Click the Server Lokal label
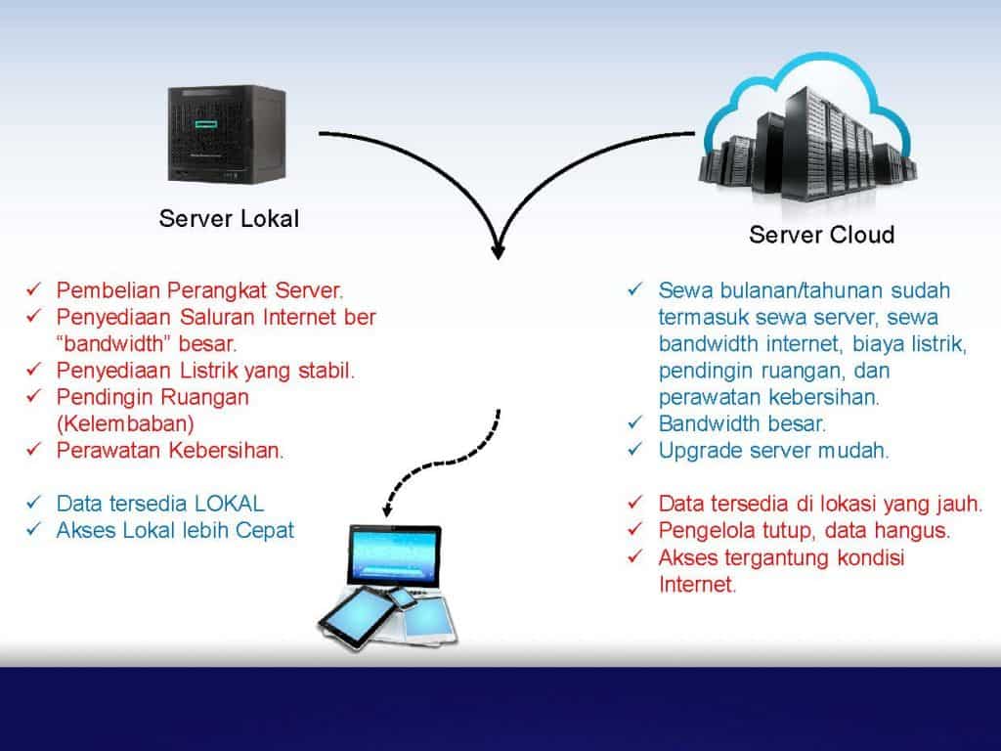coord(229,218)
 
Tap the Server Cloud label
coord(821,235)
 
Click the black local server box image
coord(227,134)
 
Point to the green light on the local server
coord(206,122)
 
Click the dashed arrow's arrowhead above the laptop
coord(387,508)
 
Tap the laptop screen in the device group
coord(394,554)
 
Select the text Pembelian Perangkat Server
coord(199,290)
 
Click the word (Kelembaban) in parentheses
coord(125,423)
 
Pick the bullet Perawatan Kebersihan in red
coord(170,450)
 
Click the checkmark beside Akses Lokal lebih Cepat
coord(34,529)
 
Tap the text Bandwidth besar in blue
coord(743,423)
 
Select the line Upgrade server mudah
coord(774,450)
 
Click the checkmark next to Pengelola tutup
coord(635,529)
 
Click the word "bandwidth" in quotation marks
coord(113,343)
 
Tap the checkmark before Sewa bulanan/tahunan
coord(635,289)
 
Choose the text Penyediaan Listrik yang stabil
coord(205,371)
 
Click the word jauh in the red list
coord(960,504)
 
